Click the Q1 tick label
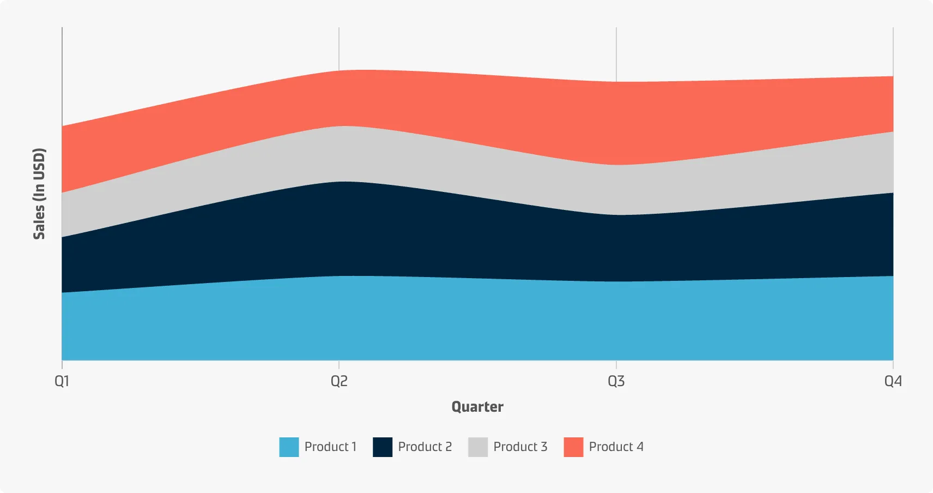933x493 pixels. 62,381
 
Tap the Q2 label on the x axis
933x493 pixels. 339,381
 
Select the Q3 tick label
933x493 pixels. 616,381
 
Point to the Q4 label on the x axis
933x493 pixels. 893,381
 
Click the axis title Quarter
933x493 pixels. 477,407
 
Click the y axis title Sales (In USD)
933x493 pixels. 39,194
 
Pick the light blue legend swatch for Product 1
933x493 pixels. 289,447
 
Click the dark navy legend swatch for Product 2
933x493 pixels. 383,447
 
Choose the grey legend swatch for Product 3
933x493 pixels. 478,447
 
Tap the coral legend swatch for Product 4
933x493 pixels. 573,447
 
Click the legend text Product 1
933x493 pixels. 330,447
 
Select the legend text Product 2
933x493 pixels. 425,447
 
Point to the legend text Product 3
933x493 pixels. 520,447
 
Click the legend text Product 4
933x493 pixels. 616,447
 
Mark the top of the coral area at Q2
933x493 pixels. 339,71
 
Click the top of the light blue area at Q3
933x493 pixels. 616,281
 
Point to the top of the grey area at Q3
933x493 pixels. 616,165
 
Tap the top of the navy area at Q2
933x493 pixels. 339,182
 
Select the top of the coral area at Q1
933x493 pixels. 62,127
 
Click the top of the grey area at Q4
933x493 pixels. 893,132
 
